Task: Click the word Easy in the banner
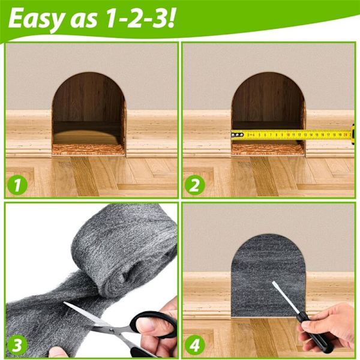tap(35, 19)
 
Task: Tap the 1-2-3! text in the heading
tap(140, 19)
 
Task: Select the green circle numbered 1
tap(17, 185)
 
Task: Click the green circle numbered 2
tap(194, 185)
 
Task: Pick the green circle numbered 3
tap(17, 345)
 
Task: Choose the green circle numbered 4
tap(194, 345)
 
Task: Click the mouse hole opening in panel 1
tap(89, 113)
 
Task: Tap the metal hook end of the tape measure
tap(237, 135)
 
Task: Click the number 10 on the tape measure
tap(288, 135)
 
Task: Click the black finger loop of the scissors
tap(152, 325)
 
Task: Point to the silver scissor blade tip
tap(64, 303)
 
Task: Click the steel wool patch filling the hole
tap(268, 275)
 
